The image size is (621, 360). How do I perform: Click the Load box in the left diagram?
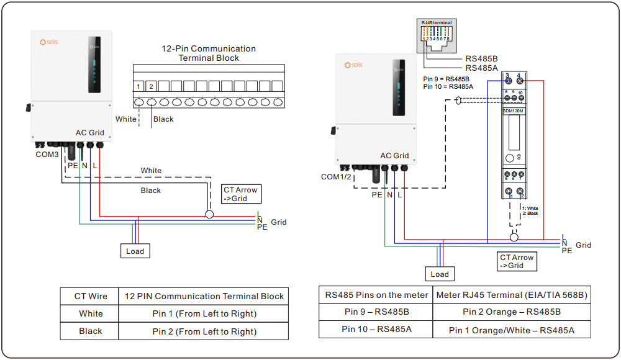point(135,251)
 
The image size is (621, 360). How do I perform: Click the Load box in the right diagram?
point(439,274)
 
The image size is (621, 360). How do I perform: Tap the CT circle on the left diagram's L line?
point(209,214)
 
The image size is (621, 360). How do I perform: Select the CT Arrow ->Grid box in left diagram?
point(241,194)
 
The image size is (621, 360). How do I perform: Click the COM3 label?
point(47,153)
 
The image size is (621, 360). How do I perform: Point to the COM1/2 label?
point(337,177)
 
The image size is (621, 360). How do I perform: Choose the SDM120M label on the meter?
point(513,110)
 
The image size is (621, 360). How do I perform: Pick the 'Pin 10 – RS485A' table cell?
point(376,329)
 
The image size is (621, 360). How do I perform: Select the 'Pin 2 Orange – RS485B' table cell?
point(511,312)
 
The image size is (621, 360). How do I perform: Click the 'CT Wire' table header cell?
point(91,296)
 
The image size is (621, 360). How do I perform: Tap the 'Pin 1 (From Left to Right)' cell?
point(204,313)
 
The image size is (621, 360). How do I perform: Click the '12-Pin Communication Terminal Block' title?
point(209,53)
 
